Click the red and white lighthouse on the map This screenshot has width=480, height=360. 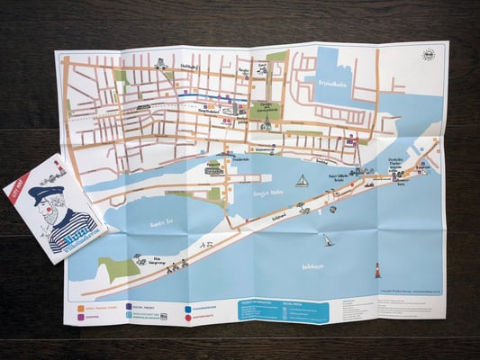pos(377,268)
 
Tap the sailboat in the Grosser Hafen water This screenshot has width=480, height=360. pos(303,181)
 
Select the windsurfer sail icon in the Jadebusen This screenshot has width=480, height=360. pos(329,240)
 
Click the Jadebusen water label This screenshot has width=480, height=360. pos(312,266)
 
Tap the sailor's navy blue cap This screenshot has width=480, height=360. pos(42,193)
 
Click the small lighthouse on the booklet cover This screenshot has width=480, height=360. pos(60,168)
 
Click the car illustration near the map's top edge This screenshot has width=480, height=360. pos(160,63)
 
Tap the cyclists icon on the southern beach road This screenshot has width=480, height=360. pos(174,265)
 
